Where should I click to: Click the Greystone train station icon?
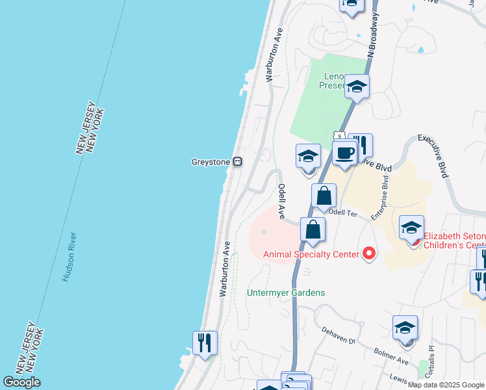click(238, 162)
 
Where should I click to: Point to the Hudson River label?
click(70, 257)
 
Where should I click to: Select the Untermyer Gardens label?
click(286, 292)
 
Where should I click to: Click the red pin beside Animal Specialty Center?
click(369, 253)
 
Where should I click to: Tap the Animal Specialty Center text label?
click(311, 254)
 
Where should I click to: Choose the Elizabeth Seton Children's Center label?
click(454, 241)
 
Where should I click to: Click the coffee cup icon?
click(344, 153)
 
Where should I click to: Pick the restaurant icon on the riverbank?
click(205, 343)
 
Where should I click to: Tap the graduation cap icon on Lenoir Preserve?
click(356, 86)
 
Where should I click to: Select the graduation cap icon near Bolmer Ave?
click(405, 327)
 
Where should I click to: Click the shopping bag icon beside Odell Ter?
click(324, 196)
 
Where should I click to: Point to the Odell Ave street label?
click(283, 200)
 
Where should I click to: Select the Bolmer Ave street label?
click(392, 356)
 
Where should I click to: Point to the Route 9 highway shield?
click(339, 135)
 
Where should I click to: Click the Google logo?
click(22, 382)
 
